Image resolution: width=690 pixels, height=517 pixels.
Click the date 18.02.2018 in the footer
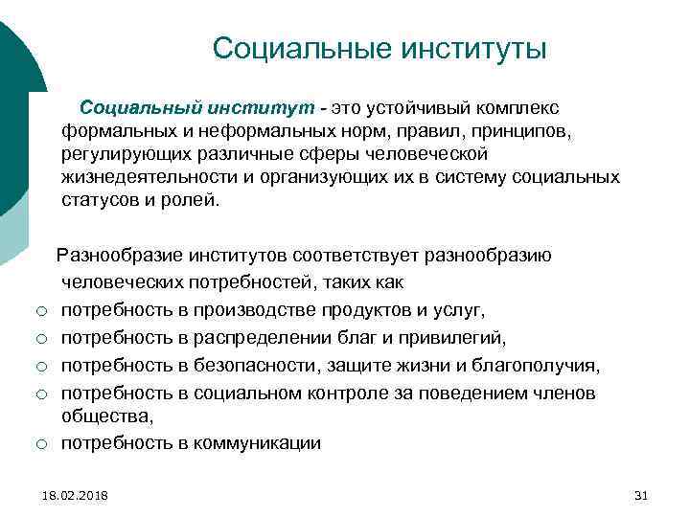pos(76,495)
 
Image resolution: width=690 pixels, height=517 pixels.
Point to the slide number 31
pos(641,495)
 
